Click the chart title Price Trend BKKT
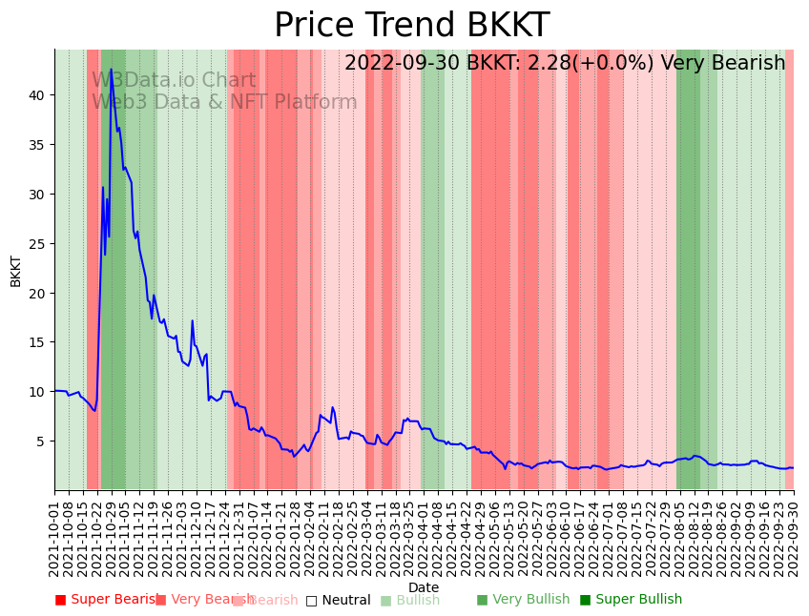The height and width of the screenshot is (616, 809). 411,26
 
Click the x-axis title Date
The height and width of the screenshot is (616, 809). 424,587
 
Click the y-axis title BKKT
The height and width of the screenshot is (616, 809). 16,270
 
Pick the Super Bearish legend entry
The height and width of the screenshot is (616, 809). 106,600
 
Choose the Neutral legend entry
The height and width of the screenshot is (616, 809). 338,600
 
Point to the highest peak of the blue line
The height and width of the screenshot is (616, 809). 111,69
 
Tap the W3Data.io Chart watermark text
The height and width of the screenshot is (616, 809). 174,81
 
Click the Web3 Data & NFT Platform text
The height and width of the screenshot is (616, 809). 224,102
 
